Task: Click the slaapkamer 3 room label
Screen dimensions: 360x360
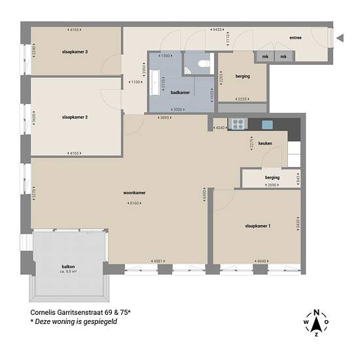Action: click(x=75, y=51)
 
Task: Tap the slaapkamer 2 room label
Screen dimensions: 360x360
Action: click(x=75, y=117)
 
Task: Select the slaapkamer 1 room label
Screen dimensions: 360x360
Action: click(x=258, y=226)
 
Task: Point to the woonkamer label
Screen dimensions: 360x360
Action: click(x=134, y=193)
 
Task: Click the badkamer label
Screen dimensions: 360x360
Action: click(x=180, y=93)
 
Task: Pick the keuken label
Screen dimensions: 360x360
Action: click(x=265, y=142)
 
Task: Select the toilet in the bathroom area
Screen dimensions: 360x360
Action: click(x=202, y=63)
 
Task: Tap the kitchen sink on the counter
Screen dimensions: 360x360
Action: click(x=267, y=124)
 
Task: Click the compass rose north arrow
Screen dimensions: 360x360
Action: click(x=317, y=322)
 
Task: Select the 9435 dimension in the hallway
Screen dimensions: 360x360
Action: click(x=217, y=29)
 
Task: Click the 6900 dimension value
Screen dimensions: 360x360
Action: click(x=204, y=194)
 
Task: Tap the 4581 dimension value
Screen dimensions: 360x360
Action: click(x=158, y=261)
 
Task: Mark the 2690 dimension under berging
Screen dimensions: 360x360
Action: click(x=272, y=186)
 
